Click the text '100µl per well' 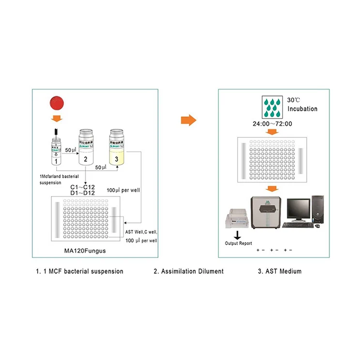pos(123,190)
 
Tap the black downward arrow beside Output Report pos(237,234)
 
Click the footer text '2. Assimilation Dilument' pos(189,271)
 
